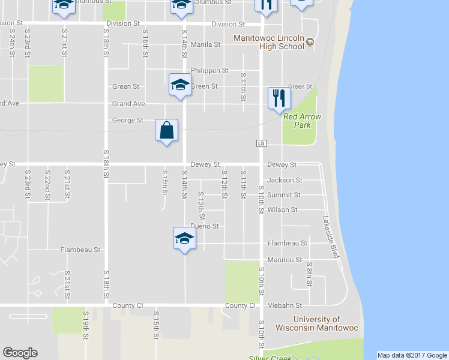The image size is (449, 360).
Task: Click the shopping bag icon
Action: (x=167, y=130)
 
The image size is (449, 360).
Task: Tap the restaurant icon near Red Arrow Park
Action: (x=279, y=98)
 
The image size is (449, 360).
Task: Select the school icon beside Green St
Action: (x=180, y=85)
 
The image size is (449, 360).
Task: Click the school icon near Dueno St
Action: (x=184, y=239)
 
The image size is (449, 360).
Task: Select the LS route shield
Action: (x=261, y=143)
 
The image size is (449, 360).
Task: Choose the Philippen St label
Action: (x=209, y=70)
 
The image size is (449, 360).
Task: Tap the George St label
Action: (x=127, y=121)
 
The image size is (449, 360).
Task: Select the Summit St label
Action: (x=284, y=195)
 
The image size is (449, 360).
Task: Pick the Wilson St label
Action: (x=282, y=210)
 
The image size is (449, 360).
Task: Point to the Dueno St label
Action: (x=205, y=227)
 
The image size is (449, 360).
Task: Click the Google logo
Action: (x=20, y=353)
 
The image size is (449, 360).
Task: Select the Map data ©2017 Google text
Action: (x=412, y=355)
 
